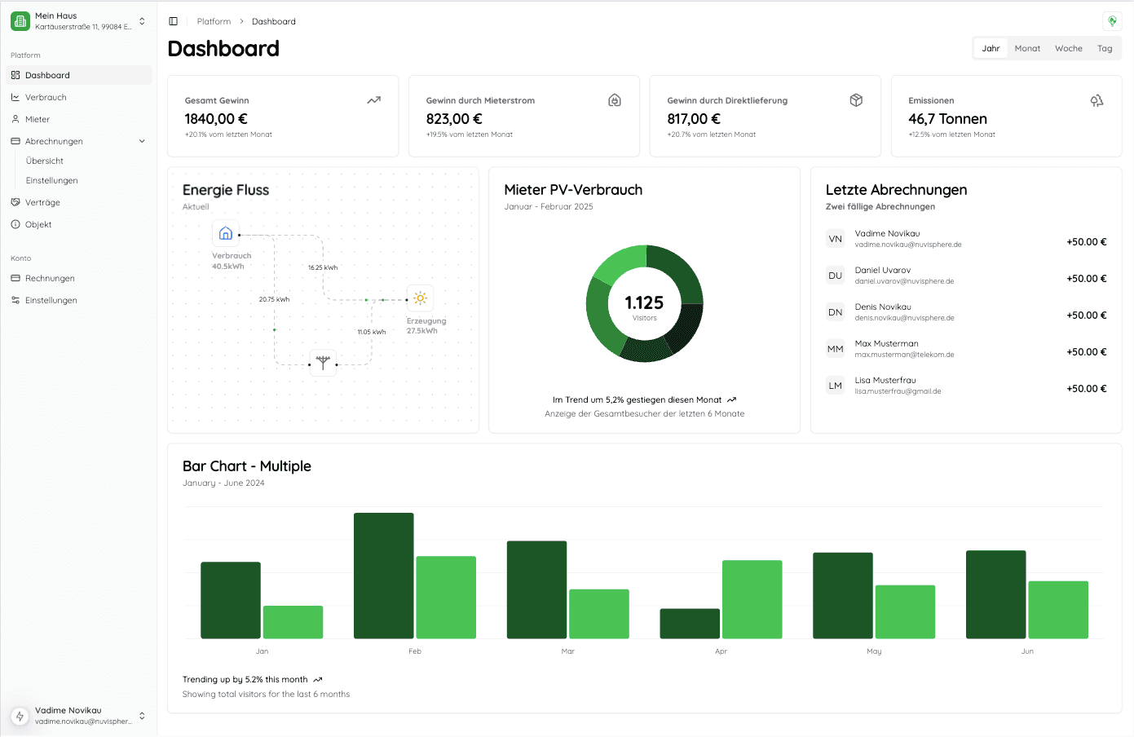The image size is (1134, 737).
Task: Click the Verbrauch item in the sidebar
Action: [46, 97]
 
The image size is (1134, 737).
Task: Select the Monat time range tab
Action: [1027, 49]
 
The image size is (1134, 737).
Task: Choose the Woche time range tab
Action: [1068, 49]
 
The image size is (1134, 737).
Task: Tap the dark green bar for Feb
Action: [383, 576]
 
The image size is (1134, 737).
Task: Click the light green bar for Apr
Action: [752, 599]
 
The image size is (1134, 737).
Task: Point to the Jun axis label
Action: [1027, 651]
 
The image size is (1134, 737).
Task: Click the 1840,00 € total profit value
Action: [216, 119]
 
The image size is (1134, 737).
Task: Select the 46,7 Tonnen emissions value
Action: [947, 119]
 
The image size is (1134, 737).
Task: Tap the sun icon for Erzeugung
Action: [420, 298]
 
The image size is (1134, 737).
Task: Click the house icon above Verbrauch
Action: [226, 234]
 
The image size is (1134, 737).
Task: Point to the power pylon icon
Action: [323, 362]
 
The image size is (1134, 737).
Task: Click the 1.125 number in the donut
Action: [644, 302]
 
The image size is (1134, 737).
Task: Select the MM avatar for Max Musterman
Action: [835, 349]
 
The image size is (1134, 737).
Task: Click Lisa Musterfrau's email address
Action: [898, 391]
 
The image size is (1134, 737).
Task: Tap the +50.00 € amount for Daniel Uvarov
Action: [1086, 279]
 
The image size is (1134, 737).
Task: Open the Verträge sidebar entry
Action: [42, 202]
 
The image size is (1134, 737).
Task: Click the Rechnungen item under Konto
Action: [50, 278]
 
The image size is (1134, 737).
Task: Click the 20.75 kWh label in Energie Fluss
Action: [274, 299]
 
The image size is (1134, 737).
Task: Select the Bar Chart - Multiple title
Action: [247, 466]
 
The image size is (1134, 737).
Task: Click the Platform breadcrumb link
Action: [214, 21]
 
